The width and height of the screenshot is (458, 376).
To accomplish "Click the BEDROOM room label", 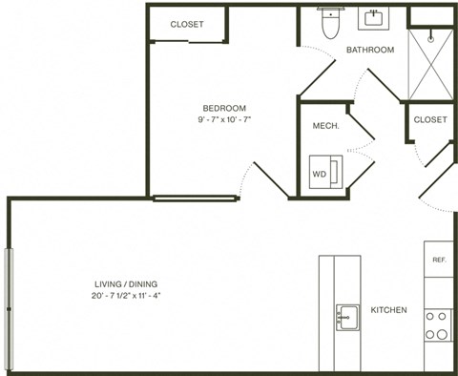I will [225, 107].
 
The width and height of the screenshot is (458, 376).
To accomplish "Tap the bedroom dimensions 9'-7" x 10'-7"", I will [225, 120].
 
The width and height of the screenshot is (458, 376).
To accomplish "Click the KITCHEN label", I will [389, 310].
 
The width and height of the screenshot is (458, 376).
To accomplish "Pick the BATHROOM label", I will [369, 50].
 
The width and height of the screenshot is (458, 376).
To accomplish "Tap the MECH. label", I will [321, 126].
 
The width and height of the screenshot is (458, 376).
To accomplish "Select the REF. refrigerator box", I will [439, 260].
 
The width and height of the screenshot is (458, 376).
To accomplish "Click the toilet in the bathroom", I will [331, 24].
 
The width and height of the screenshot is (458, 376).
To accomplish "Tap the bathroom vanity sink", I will [370, 18].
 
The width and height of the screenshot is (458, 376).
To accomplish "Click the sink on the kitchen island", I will [346, 316].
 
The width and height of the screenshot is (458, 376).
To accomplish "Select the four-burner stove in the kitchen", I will [438, 324].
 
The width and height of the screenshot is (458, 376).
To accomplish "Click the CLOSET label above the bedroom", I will [187, 24].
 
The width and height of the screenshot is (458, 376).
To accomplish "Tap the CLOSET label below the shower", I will [430, 119].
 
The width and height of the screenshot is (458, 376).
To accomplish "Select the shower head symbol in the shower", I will [430, 39].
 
